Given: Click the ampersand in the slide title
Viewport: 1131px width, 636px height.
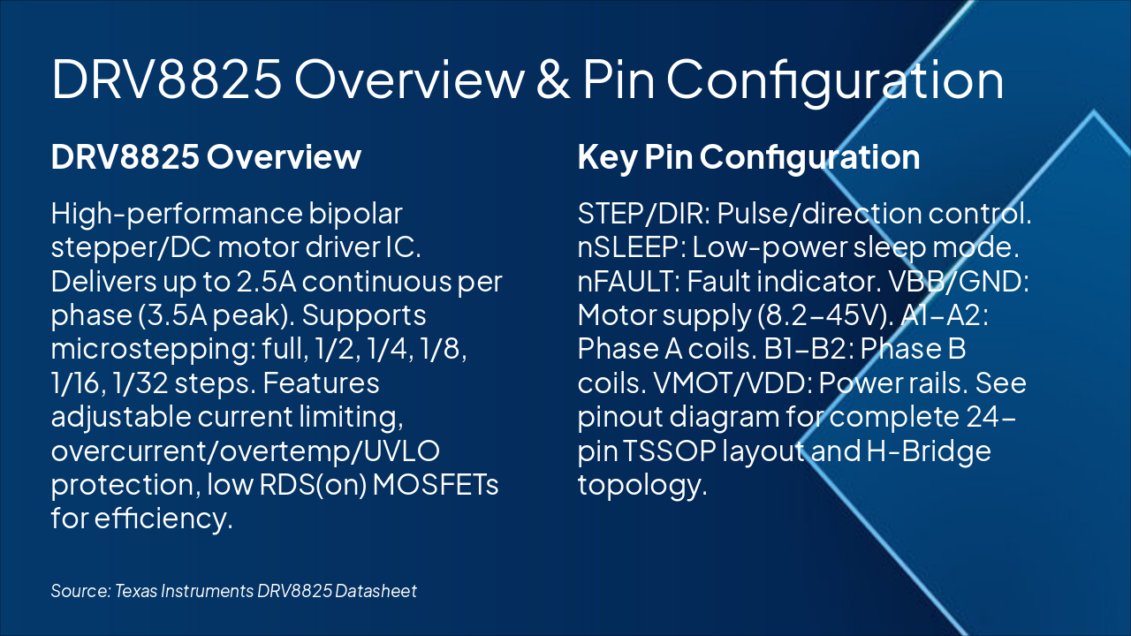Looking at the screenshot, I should pyautogui.click(x=552, y=79).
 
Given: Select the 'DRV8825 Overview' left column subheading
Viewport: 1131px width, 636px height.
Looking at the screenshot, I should pyautogui.click(x=206, y=157).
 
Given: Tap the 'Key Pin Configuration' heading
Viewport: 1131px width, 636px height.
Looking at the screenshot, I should pyautogui.click(x=748, y=157).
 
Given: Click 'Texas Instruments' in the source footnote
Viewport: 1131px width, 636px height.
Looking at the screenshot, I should pyautogui.click(x=183, y=590).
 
